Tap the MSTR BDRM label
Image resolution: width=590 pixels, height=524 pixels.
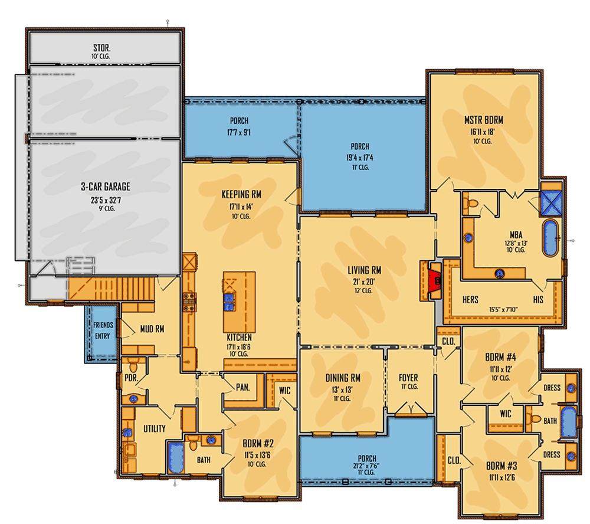coord(484,120)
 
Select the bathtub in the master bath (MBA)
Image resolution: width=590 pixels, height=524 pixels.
coord(550,238)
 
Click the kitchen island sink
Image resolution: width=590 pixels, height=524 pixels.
coord(229,303)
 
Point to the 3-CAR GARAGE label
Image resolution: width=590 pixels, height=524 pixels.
coord(106,186)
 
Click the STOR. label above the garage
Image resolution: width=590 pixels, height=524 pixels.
coord(101,48)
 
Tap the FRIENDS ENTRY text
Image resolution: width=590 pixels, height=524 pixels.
coord(103,330)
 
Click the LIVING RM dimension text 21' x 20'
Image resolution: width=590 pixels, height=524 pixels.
coord(364,281)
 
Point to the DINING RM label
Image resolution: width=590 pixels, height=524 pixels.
coord(343,378)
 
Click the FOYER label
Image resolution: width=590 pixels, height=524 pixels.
coord(408,377)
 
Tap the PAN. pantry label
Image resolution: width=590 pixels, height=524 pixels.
coord(242,387)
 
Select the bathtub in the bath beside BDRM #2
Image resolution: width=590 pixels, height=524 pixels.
coord(175,457)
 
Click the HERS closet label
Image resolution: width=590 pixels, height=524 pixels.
coord(470,300)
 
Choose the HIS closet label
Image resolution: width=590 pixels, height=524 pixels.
coord(538,300)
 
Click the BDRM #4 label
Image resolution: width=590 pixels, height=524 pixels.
coord(500,357)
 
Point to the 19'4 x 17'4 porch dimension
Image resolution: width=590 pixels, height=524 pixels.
coord(360,158)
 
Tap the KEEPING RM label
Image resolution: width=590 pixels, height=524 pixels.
coord(241,194)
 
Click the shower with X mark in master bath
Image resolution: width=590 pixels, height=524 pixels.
coord(551,203)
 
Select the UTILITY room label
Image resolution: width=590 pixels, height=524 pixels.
coord(154,428)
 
